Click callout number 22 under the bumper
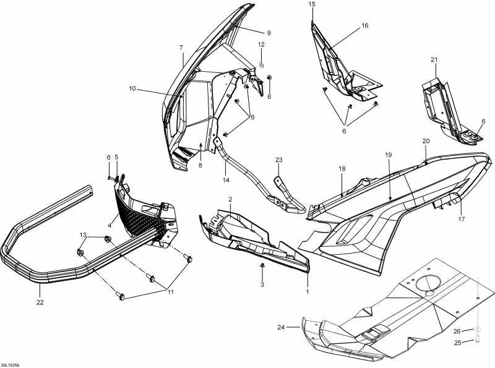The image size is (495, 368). [x=40, y=302]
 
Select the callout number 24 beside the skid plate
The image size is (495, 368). [x=281, y=327]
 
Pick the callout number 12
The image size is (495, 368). [x=261, y=45]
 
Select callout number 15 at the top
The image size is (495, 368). [x=311, y=4]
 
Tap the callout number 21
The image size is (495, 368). [x=434, y=59]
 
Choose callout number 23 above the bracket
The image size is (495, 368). [x=278, y=160]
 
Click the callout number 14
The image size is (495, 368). [x=226, y=180]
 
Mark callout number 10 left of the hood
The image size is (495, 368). [x=132, y=88]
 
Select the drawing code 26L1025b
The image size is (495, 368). [x=11, y=364]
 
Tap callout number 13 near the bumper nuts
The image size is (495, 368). [x=83, y=235]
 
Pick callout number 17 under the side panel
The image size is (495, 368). [x=462, y=219]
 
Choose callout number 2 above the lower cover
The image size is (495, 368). [x=230, y=200]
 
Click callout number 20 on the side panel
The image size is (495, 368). [x=426, y=141]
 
